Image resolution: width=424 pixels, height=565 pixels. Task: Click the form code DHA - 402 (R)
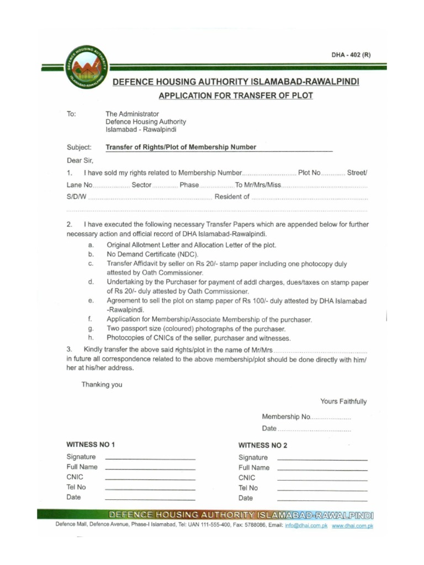pyautogui.click(x=351, y=55)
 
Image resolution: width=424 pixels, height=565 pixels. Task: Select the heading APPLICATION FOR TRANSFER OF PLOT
pyautogui.click(x=236, y=95)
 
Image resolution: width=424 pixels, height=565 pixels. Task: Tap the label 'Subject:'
pyautogui.click(x=79, y=147)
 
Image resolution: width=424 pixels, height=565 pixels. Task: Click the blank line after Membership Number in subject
pyautogui.click(x=295, y=148)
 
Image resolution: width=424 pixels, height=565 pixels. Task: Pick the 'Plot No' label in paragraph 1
pyautogui.click(x=309, y=173)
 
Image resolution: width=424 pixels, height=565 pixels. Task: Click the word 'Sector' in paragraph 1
pyautogui.click(x=141, y=185)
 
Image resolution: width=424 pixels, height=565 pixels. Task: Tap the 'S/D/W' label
pyautogui.click(x=76, y=197)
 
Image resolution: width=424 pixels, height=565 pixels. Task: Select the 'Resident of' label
pyautogui.click(x=232, y=197)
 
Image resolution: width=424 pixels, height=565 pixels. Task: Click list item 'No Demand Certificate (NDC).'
pyautogui.click(x=152, y=254)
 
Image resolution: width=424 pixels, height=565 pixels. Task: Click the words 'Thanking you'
pyautogui.click(x=102, y=385)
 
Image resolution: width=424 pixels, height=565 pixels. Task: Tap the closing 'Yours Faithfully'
pyautogui.click(x=343, y=402)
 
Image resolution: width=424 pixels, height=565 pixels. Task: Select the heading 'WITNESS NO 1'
pyautogui.click(x=91, y=445)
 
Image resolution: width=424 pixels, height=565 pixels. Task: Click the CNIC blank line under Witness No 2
pyautogui.click(x=322, y=480)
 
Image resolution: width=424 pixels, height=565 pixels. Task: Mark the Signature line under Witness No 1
pyautogui.click(x=150, y=459)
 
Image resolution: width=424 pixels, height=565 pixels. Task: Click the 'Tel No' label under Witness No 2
pyautogui.click(x=248, y=488)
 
